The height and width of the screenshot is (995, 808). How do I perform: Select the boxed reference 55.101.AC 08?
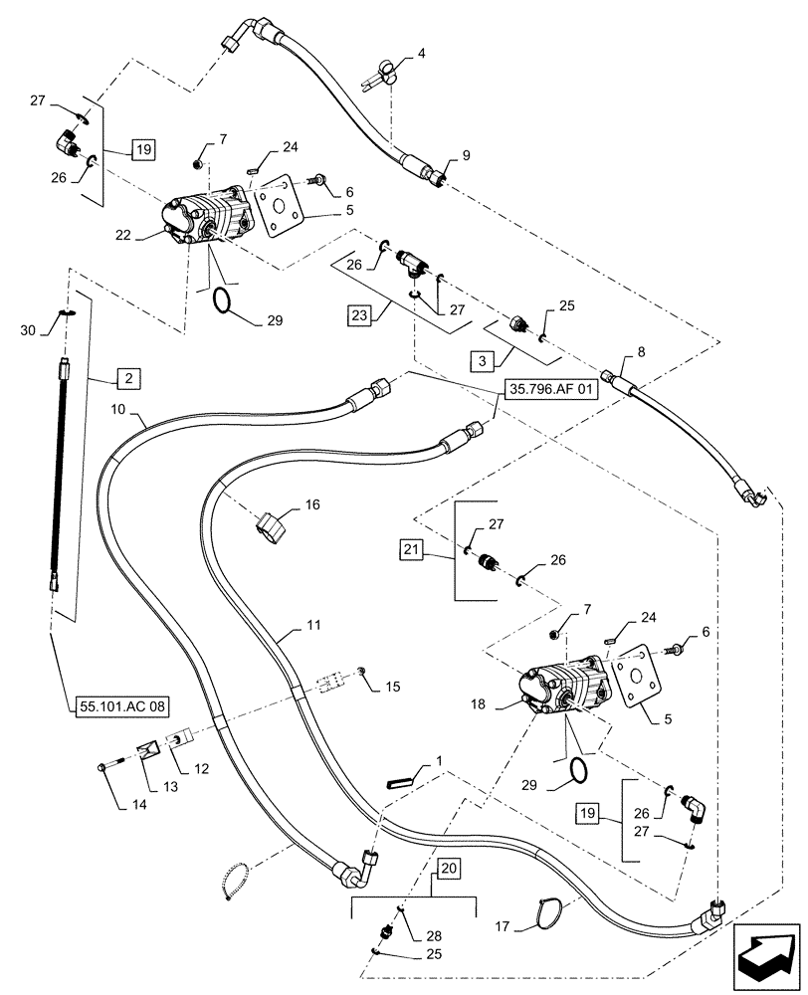click(x=121, y=706)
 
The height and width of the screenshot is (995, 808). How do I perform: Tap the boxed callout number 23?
click(x=359, y=316)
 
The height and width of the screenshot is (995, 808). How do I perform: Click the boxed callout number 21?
click(x=413, y=548)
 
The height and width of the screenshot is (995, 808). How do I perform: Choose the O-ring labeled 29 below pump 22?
click(x=227, y=299)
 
